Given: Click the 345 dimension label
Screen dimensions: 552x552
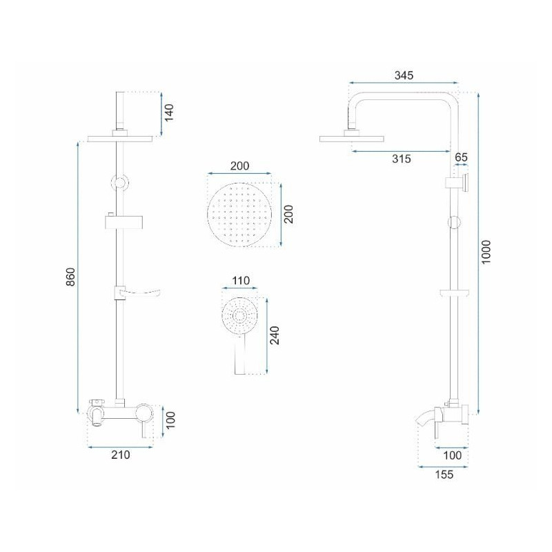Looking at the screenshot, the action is tap(404, 75).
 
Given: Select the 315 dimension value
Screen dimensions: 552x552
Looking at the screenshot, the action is tap(402, 159).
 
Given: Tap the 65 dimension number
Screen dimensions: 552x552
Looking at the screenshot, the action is tap(461, 157).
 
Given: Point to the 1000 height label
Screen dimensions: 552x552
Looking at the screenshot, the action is tap(486, 252).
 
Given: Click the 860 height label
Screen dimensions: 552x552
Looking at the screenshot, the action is tap(71, 277).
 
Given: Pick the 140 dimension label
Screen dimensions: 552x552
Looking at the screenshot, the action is tap(169, 112).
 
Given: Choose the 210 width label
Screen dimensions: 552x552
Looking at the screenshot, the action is tap(120, 455).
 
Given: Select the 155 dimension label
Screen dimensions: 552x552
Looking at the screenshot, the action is tap(444, 474).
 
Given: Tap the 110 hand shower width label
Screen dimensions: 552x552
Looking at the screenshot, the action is tap(241, 281).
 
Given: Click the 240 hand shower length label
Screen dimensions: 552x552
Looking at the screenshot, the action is tap(274, 335).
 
